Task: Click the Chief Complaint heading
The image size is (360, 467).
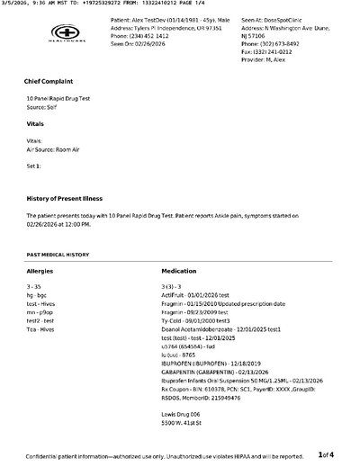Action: click(51, 82)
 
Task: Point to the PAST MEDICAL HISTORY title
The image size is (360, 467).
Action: click(58, 255)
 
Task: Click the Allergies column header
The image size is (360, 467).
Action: click(41, 270)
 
